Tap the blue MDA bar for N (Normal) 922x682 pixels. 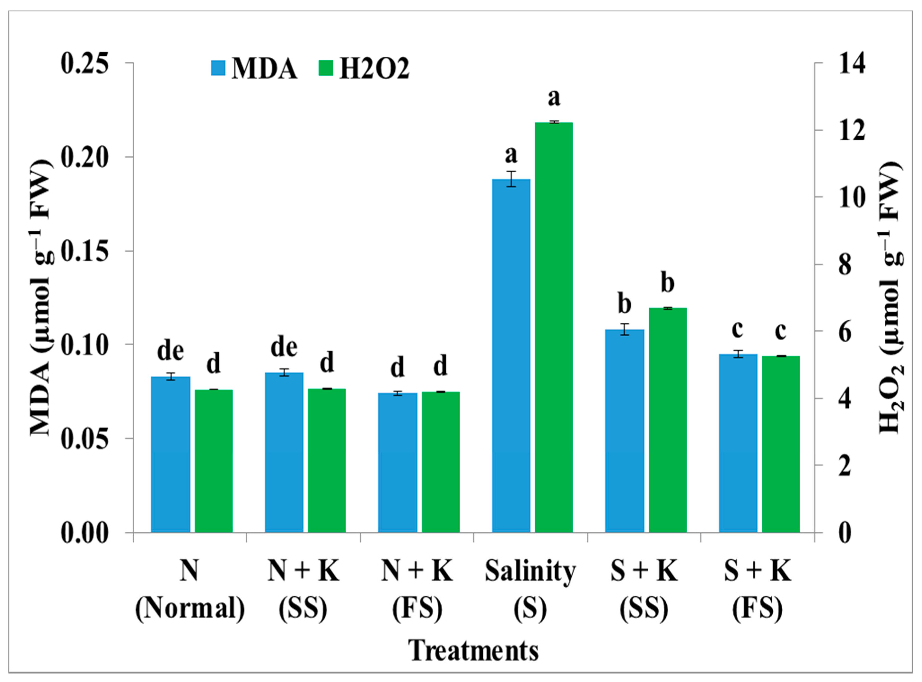[170, 454]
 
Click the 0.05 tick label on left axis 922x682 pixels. [85, 438]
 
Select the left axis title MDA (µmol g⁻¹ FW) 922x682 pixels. [41, 297]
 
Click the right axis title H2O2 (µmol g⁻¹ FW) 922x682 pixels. [892, 297]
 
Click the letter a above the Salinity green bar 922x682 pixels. [554, 98]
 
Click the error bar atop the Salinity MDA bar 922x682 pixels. [511, 179]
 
